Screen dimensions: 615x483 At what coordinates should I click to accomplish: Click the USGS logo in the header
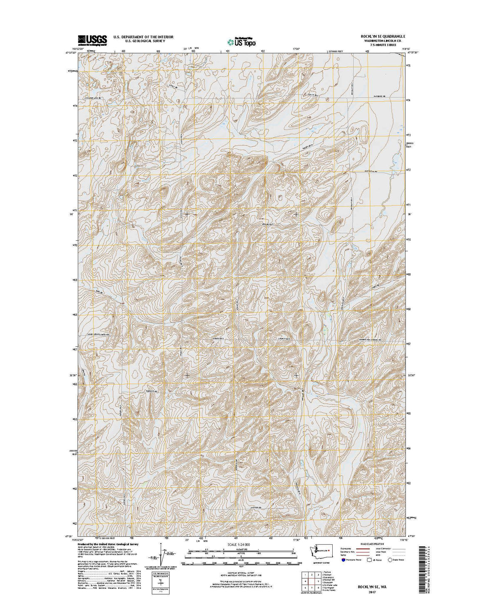click(x=92, y=40)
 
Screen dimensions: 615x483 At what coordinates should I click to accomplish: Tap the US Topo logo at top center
click(x=241, y=41)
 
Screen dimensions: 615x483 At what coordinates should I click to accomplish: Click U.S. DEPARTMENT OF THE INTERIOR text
click(x=143, y=37)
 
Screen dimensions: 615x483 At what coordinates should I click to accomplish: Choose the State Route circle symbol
click(x=391, y=560)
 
